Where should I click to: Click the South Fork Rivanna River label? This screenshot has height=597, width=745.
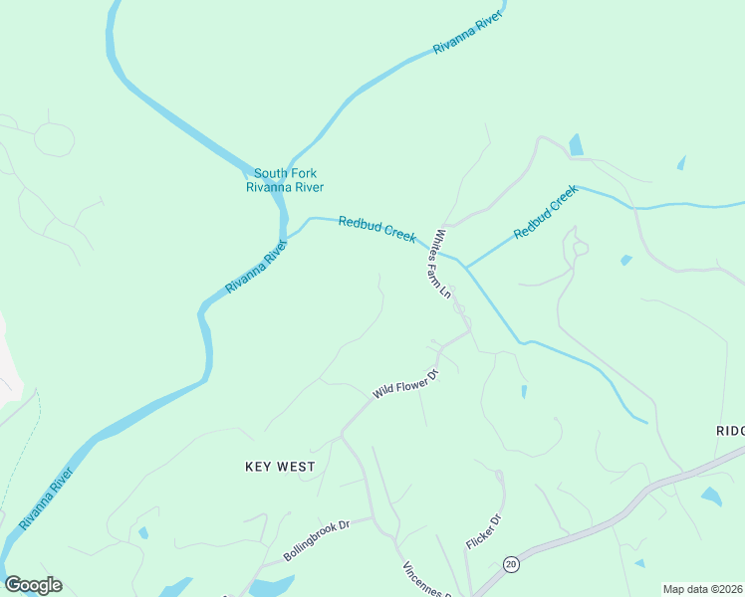pos(285,180)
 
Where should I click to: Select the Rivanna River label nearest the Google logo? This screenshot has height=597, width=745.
pos(47,498)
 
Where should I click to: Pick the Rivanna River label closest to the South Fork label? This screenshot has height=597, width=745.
pos(256,266)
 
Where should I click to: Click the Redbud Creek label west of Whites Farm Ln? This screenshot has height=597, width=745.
pos(376,229)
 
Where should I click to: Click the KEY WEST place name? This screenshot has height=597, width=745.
pos(280,467)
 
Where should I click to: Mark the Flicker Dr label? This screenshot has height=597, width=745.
pos(482,532)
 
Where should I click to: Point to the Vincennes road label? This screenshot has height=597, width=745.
pos(427,579)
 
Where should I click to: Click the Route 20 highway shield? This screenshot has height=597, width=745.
pos(511,563)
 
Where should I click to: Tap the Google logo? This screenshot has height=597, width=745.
pos(34,585)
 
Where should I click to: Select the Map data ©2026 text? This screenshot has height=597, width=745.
pos(703,589)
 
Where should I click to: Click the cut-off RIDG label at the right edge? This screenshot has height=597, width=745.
pos(730,430)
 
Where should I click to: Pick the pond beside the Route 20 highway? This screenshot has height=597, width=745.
pos(711,496)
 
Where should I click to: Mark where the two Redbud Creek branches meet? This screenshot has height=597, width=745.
pos(465,267)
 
